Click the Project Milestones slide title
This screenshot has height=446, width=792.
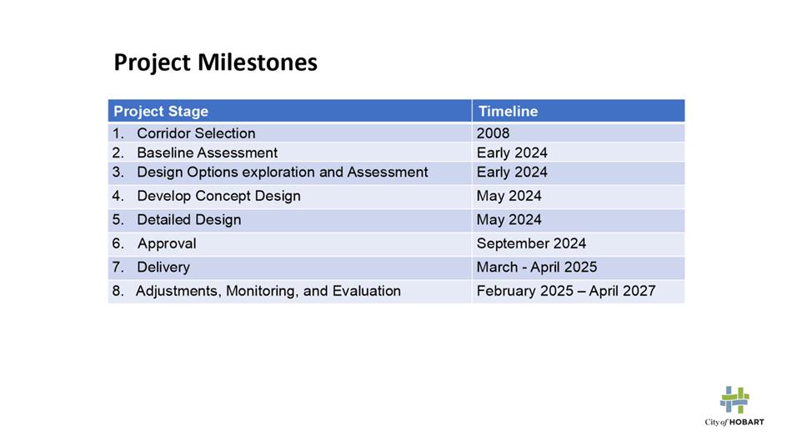coord(216,63)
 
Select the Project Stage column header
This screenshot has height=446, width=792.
coord(161,111)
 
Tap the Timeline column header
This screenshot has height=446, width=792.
coord(508,111)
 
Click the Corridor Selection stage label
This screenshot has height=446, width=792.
coord(196,133)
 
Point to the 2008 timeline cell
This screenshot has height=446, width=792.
coord(493,133)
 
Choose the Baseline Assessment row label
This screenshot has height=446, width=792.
coord(207,153)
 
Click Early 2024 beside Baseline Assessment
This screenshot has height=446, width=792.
coord(512,153)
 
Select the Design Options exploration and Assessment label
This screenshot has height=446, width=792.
coord(283,173)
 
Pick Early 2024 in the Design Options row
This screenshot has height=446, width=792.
coord(512,173)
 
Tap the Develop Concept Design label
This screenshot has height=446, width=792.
coord(218,196)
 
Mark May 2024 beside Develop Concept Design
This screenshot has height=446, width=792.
coord(509,196)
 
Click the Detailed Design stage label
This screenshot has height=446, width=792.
coord(189,220)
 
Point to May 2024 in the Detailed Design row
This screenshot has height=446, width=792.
coord(509,220)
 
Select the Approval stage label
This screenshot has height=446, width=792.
coord(167,243)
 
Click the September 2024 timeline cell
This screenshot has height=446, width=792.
coord(531,243)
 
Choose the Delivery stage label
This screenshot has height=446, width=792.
coord(163,268)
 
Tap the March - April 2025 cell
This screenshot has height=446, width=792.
coord(536,268)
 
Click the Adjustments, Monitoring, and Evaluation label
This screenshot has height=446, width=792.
coord(268,291)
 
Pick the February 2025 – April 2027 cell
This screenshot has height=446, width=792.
coord(566,291)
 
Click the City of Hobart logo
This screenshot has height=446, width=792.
coord(734,406)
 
